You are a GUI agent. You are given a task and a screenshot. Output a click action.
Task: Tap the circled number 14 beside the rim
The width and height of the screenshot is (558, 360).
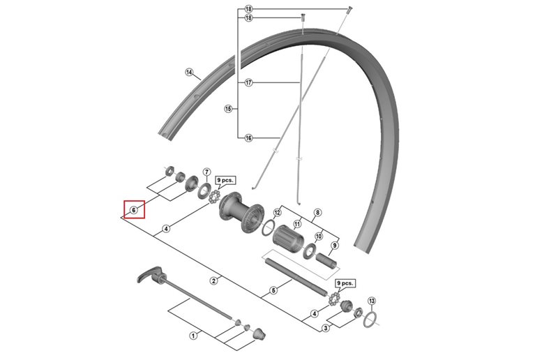click(x=188, y=72)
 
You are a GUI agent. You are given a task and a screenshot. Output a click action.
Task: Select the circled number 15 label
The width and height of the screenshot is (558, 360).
click(x=227, y=109)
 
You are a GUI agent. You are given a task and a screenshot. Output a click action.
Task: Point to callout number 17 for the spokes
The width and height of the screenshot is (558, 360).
click(x=248, y=83)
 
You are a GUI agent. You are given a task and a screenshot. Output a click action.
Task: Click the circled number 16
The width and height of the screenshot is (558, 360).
click(x=248, y=138)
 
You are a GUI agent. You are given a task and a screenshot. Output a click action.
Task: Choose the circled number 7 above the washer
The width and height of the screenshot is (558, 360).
click(x=206, y=172)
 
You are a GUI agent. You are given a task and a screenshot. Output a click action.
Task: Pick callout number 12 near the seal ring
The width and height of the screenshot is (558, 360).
click(x=277, y=212)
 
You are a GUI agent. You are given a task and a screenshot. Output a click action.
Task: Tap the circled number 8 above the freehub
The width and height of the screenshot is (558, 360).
click(x=317, y=212)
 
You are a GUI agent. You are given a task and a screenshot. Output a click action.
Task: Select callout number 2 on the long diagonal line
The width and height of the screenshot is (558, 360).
click(x=214, y=280)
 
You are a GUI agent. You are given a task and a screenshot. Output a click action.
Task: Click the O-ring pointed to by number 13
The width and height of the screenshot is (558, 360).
click(x=373, y=320)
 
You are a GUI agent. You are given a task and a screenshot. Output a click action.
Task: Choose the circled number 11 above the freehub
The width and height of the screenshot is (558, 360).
click(x=297, y=225)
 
